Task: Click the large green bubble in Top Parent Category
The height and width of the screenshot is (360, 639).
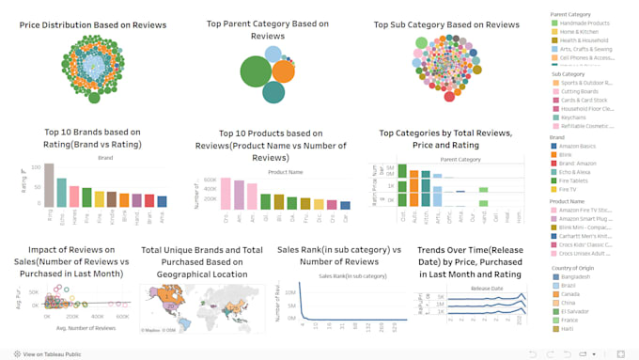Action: [256, 71]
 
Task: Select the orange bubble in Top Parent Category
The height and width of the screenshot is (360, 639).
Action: [283, 71]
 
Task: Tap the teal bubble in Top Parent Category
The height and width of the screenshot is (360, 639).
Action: [273, 92]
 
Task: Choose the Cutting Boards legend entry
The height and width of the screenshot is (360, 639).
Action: [581, 91]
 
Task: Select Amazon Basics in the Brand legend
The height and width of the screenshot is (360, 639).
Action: [581, 148]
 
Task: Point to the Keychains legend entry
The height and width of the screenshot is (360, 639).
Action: [575, 117]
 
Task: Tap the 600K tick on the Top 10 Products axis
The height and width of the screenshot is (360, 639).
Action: [210, 179]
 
